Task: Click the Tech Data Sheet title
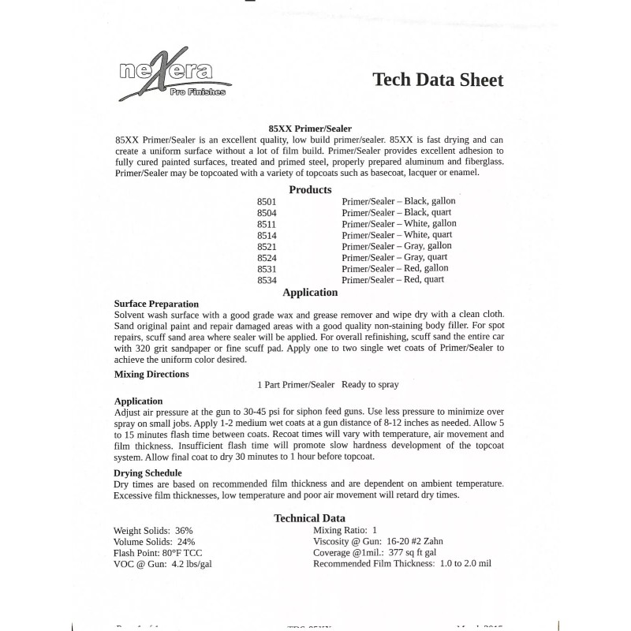[437, 80]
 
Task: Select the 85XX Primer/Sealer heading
[310, 129]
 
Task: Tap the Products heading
[310, 189]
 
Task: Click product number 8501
[267, 202]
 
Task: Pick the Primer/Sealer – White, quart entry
[397, 235]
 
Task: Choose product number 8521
[267, 246]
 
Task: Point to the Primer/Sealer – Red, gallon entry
[394, 268]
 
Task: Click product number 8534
[267, 279]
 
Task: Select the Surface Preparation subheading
[156, 304]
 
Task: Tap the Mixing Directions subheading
[151, 374]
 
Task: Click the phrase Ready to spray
[370, 385]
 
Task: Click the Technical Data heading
[309, 518]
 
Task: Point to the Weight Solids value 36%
[184, 531]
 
